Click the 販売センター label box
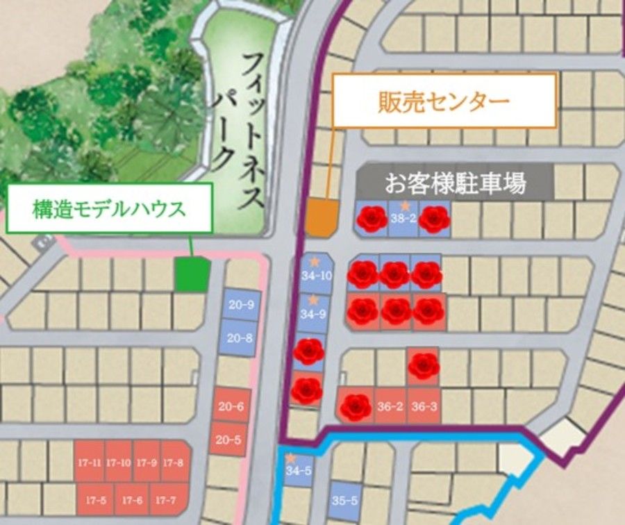pyautogui.click(x=444, y=101)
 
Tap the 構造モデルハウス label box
pyautogui.click(x=109, y=208)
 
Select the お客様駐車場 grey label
pyautogui.click(x=455, y=184)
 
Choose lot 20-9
pyautogui.click(x=240, y=305)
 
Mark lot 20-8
pyautogui.click(x=240, y=338)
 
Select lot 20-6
pyautogui.click(x=229, y=406)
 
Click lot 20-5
pyautogui.click(x=229, y=439)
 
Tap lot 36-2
pyautogui.click(x=390, y=407)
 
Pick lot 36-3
pyautogui.click(x=424, y=407)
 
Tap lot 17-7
pyautogui.click(x=165, y=499)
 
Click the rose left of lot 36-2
pyautogui.click(x=356, y=407)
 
